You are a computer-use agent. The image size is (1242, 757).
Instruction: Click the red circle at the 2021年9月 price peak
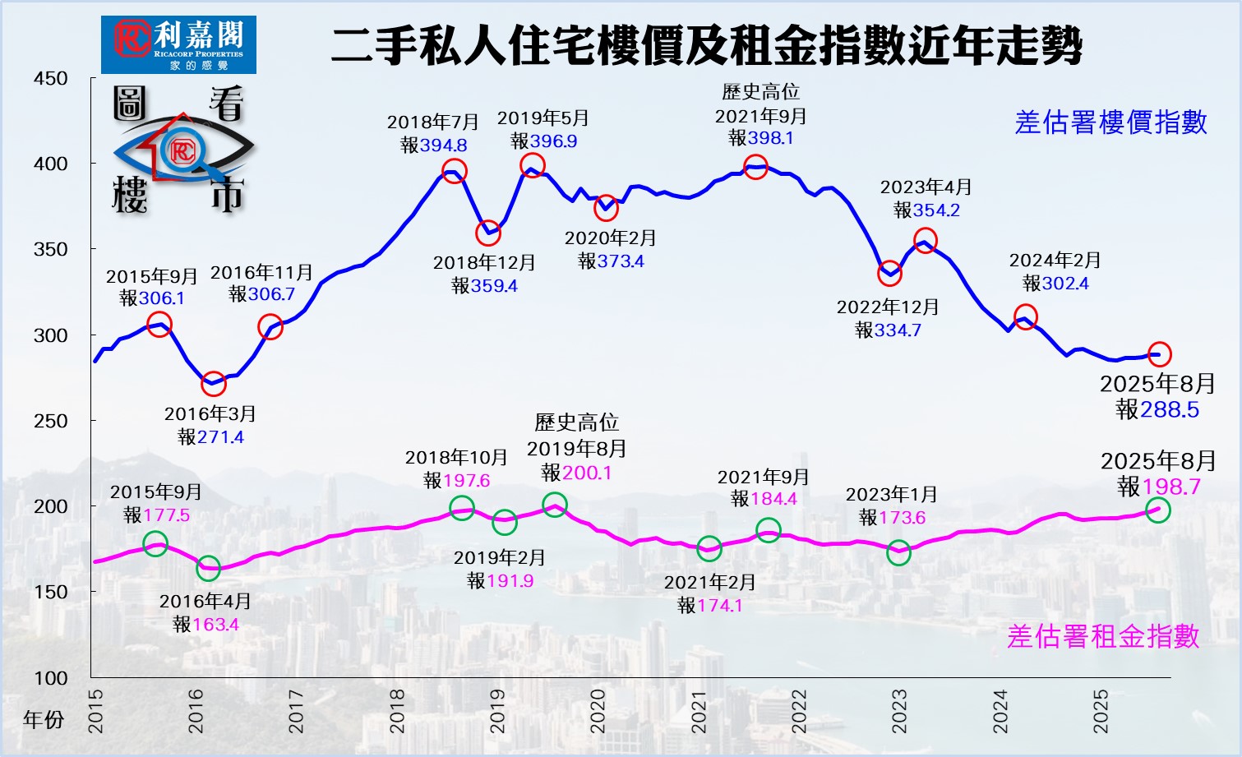click(x=755, y=168)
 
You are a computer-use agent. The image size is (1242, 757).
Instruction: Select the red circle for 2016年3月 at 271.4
click(x=214, y=383)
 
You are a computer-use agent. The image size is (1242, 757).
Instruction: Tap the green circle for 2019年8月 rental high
click(x=555, y=505)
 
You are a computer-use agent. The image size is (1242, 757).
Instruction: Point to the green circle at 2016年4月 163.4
click(x=208, y=569)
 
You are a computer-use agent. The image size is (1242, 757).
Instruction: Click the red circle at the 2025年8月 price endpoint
click(x=1159, y=354)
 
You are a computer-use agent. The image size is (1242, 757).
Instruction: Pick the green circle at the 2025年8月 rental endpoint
click(x=1157, y=510)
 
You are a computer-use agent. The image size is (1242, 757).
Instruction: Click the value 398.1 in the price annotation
click(x=771, y=138)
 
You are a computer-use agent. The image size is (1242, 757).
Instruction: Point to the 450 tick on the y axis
click(x=51, y=79)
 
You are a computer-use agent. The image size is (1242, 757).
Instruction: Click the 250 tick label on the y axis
click(x=51, y=421)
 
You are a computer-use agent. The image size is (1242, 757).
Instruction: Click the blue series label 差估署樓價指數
click(x=1110, y=122)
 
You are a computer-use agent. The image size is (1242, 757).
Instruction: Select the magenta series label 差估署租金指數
click(x=1103, y=636)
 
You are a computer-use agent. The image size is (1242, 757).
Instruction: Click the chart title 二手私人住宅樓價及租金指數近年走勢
click(x=707, y=45)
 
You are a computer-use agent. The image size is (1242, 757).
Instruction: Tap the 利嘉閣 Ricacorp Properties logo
click(x=178, y=44)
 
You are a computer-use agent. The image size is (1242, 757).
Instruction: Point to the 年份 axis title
click(x=44, y=720)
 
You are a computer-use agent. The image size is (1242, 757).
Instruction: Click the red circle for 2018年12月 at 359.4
click(x=488, y=233)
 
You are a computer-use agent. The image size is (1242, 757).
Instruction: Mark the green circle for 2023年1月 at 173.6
click(x=899, y=552)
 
